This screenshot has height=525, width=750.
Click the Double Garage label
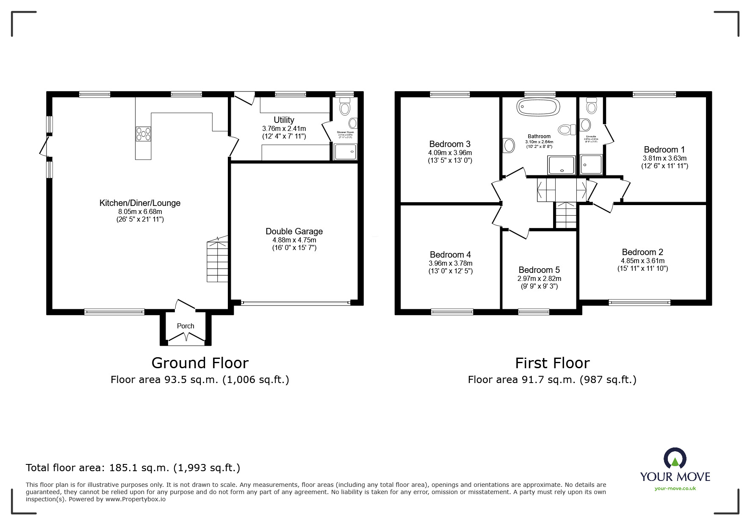pyautogui.click(x=294, y=231)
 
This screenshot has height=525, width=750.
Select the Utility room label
pyautogui.click(x=284, y=120)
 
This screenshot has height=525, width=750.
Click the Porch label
pyautogui.click(x=185, y=326)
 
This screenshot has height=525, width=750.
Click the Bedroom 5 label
pyautogui.click(x=539, y=270)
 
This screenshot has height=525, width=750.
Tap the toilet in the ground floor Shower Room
pyautogui.click(x=345, y=107)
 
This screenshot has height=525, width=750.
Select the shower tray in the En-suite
pyautogui.click(x=591, y=164)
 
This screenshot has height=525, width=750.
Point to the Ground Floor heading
pyautogui.click(x=200, y=363)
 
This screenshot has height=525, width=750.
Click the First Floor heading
pyautogui.click(x=552, y=363)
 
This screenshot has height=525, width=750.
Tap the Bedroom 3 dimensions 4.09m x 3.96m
pyautogui.click(x=450, y=153)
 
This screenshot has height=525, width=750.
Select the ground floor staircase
pyautogui.click(x=218, y=261)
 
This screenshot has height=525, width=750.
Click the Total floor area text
pyautogui.click(x=133, y=468)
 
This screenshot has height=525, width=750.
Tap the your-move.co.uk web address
pyautogui.click(x=675, y=489)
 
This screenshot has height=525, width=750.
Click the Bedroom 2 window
pyautogui.click(x=639, y=302)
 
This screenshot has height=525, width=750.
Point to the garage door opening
pyautogui.click(x=295, y=303)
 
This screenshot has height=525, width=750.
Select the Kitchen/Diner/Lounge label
pyautogui.click(x=140, y=203)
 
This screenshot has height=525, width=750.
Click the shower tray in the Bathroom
pyautogui.click(x=562, y=165)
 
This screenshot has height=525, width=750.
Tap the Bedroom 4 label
pyautogui.click(x=450, y=255)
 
